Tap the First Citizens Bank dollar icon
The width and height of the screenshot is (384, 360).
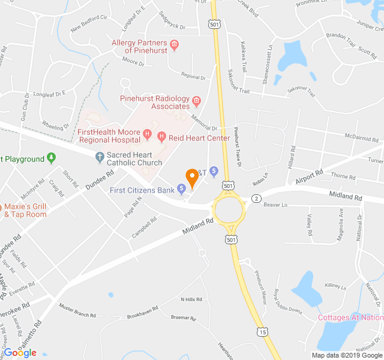(182, 190)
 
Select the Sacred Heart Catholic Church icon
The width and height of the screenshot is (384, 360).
(100, 158)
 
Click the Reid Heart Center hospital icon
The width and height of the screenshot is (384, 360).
(161, 137)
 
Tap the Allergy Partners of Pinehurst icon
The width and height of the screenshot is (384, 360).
(175, 43)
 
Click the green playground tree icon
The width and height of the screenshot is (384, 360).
(52, 158)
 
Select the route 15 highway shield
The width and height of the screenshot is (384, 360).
(262, 331)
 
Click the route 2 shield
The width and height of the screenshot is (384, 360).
(256, 198)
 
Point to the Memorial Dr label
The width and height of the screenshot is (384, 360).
(204, 122)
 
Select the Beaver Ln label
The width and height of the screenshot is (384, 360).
(276, 205)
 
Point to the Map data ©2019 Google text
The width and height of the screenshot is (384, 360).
(346, 355)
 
